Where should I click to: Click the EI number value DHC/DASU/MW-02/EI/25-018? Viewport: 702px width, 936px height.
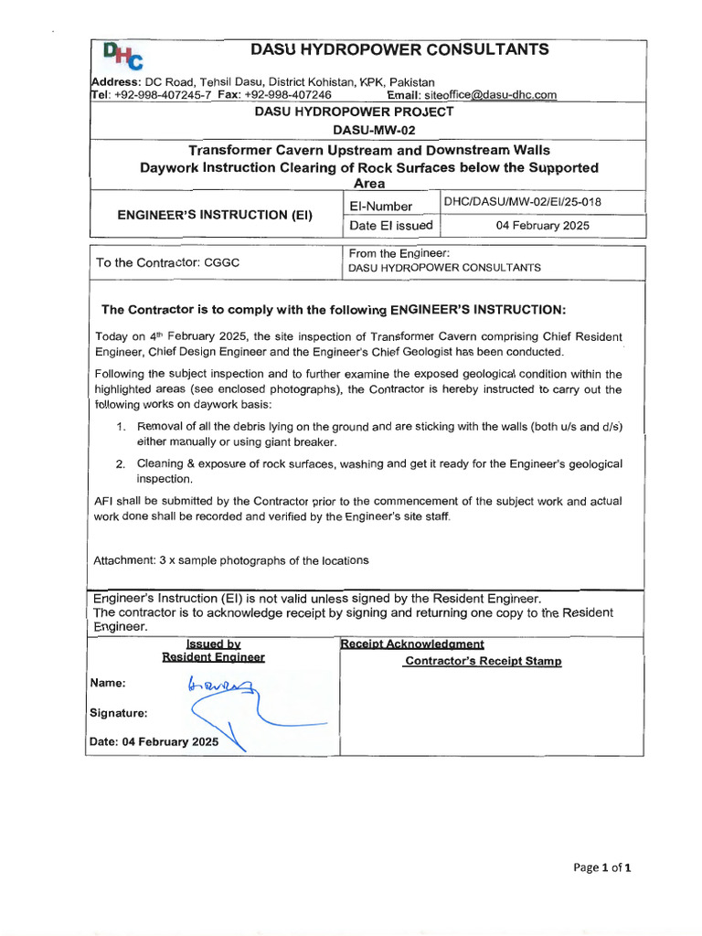(522, 202)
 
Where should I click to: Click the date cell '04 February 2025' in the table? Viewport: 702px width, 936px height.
(542, 226)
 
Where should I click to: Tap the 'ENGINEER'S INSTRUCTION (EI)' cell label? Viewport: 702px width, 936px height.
(215, 215)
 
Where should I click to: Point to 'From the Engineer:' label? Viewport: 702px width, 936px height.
(398, 253)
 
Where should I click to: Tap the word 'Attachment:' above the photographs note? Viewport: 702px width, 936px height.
(124, 559)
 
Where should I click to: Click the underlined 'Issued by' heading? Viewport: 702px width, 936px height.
(213, 643)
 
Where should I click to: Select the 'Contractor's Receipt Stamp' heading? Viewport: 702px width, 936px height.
(483, 661)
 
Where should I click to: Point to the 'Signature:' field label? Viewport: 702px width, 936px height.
(118, 713)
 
